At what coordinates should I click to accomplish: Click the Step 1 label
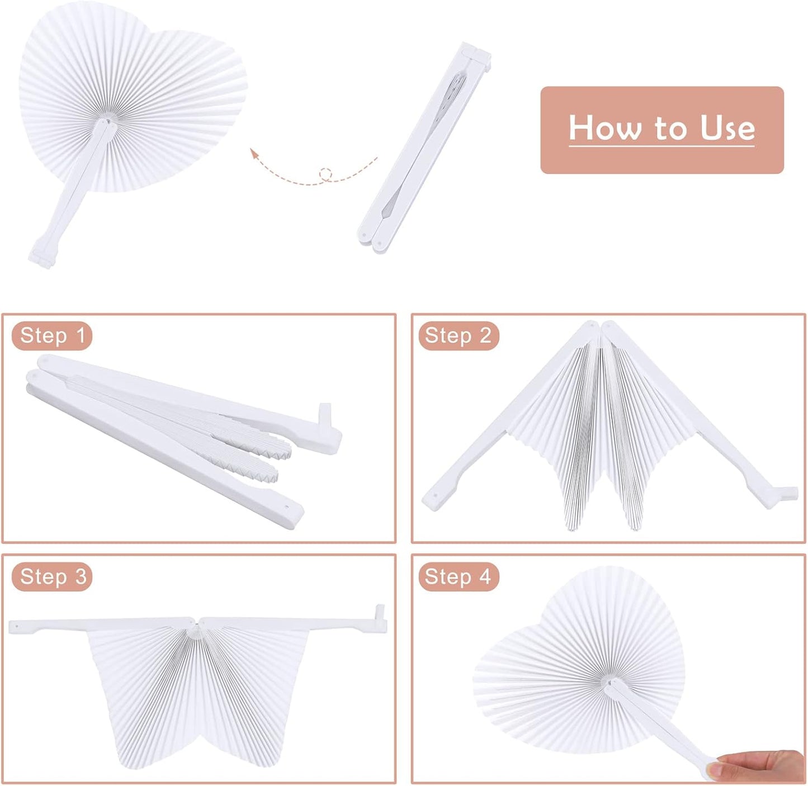pos(52,335)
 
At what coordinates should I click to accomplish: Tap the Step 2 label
pos(458,335)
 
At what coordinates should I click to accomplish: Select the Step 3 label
pos(53,576)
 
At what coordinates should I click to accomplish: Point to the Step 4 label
pos(458,576)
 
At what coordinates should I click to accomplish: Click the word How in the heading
pos(604,128)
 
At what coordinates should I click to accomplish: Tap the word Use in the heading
pos(727,128)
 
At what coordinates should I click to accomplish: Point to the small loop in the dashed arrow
pos(325,174)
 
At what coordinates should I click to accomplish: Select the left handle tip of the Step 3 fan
pos(13,626)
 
